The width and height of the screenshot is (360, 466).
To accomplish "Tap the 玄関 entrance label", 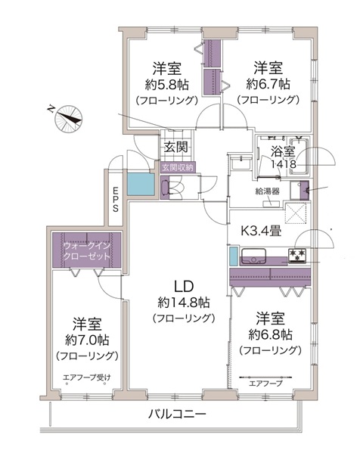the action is (x=176, y=147).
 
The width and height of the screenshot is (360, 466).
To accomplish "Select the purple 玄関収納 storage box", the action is (x=178, y=168).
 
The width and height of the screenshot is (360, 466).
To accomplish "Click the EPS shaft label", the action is (x=115, y=199).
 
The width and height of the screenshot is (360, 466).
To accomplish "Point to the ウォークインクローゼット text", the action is (x=87, y=251).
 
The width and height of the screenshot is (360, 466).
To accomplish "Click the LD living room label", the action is (x=184, y=286).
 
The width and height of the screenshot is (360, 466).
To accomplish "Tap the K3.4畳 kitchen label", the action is (x=261, y=231).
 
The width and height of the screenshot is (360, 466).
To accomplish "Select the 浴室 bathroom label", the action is (x=282, y=151).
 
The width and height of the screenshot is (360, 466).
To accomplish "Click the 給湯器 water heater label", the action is (x=267, y=191).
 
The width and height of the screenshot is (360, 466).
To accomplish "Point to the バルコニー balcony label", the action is (x=177, y=414).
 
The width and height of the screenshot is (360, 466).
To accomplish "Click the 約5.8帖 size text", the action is (x=166, y=85).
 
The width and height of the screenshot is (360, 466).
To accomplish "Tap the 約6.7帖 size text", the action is (x=268, y=85).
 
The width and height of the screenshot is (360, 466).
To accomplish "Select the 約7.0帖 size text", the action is (x=87, y=340).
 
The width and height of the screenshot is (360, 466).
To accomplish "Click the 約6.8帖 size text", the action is (x=270, y=334).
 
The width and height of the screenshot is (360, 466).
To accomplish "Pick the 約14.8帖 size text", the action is (x=184, y=303).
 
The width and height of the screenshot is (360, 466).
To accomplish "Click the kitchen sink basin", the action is (x=253, y=256).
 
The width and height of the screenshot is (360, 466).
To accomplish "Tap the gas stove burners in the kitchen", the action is (x=298, y=256).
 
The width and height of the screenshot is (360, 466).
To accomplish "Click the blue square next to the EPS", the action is (x=141, y=185).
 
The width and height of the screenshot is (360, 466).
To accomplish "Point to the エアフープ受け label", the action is (x=86, y=377).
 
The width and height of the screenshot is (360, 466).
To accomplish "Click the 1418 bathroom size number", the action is (x=284, y=163).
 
